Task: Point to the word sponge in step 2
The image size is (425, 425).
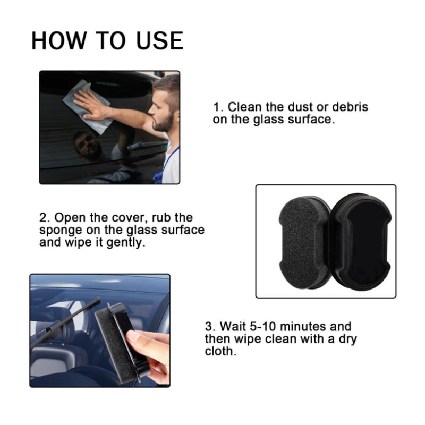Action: point(61,231)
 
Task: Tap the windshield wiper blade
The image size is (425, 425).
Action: point(65,322)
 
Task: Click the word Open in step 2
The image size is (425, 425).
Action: point(70,218)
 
